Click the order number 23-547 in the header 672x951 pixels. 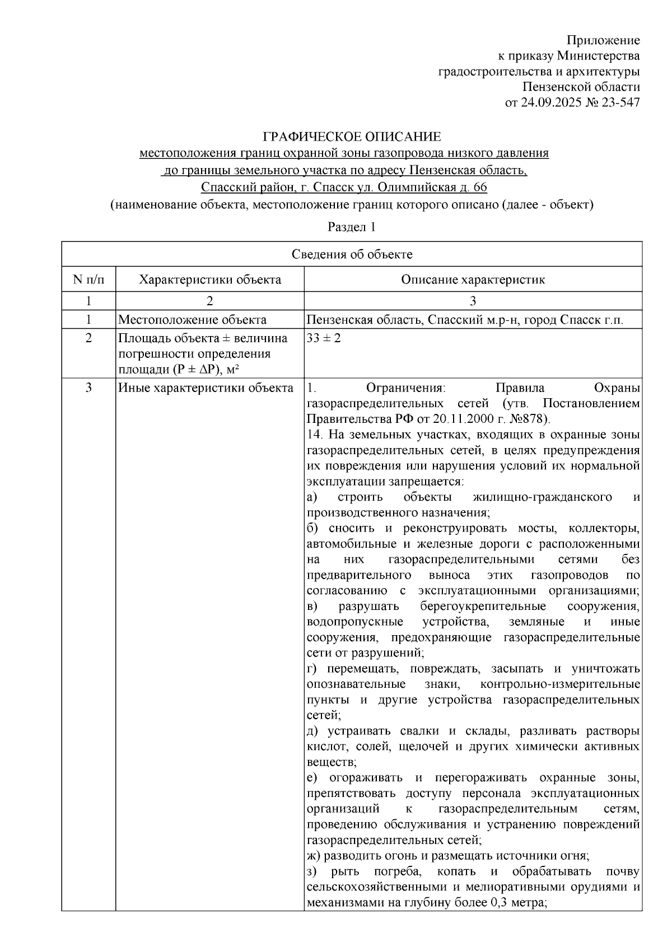(x=618, y=102)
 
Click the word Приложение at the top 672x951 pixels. (x=603, y=40)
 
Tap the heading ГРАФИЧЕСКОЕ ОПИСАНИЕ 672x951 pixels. (x=352, y=137)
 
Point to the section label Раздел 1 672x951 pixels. (x=351, y=227)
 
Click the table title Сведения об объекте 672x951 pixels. (x=352, y=254)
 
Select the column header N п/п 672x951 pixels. (x=88, y=279)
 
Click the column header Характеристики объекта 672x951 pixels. (x=210, y=279)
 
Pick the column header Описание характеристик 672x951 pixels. (x=473, y=279)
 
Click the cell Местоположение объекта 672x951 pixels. (x=192, y=320)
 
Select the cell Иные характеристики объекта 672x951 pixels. (x=206, y=388)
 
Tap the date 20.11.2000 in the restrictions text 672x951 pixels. (x=450, y=419)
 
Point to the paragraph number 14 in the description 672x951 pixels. (x=313, y=435)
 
